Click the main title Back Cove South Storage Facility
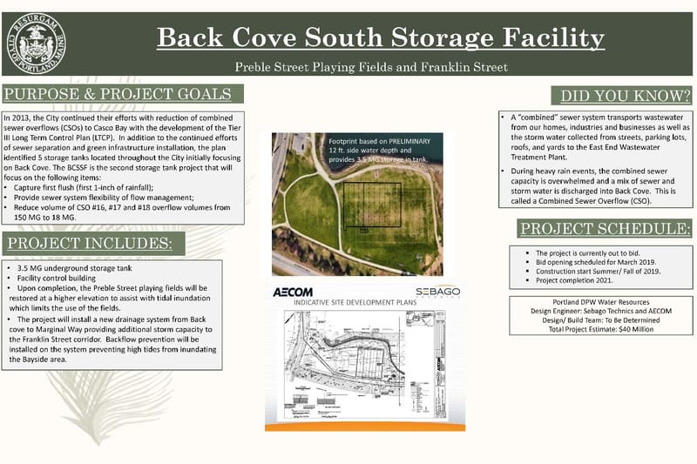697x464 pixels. point(380,38)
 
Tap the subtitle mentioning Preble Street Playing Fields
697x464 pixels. point(371,67)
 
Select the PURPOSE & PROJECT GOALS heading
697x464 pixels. point(121,94)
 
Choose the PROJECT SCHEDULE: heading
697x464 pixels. point(606,229)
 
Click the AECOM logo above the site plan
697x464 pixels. point(293,292)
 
